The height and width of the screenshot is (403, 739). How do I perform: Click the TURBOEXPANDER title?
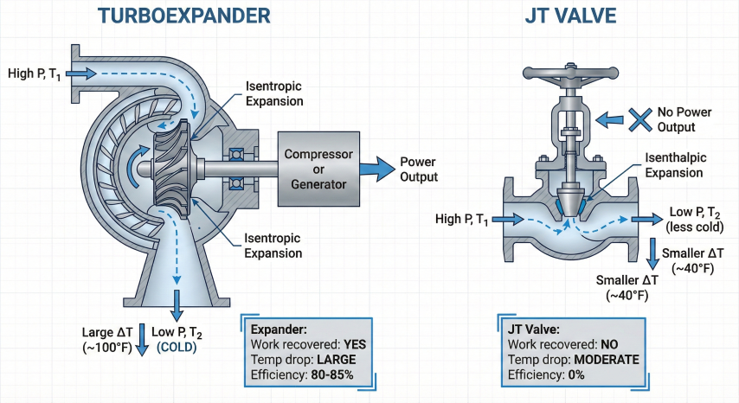pos(183,16)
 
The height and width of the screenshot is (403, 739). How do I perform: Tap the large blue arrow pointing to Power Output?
pos(377,169)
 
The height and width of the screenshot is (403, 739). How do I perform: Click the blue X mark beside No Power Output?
pos(639,119)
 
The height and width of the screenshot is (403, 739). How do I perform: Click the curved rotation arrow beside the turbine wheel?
pos(136,168)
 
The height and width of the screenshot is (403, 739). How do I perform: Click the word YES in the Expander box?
pos(353,344)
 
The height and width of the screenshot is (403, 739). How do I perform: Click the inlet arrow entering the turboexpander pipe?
pos(79,74)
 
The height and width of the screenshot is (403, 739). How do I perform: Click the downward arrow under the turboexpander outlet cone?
pos(178,307)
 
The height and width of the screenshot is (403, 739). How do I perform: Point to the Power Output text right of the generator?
pos(418,170)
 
